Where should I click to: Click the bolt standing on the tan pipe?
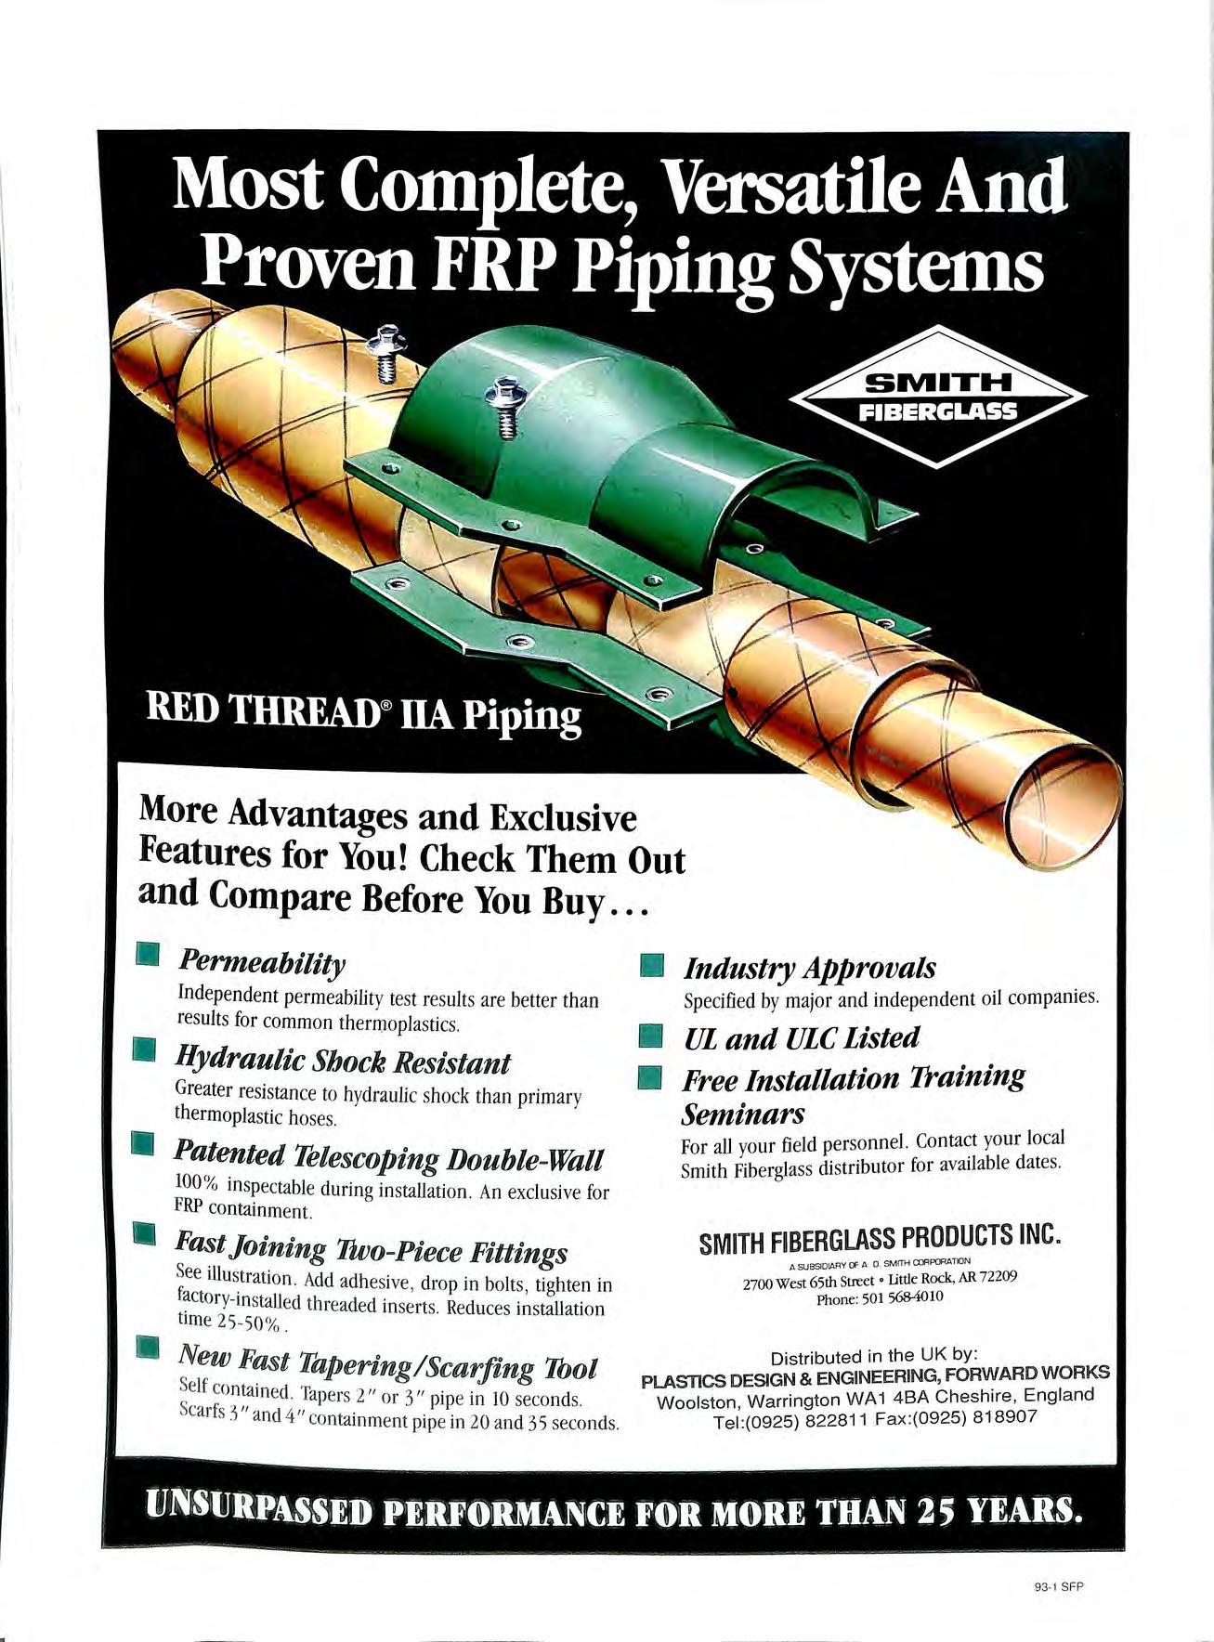(389, 352)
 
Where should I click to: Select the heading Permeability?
(262, 963)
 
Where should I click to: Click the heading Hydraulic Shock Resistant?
(343, 1062)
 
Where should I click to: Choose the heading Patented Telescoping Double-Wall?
(389, 1158)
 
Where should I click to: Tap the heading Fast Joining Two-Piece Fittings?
(372, 1252)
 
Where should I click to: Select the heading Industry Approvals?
(809, 969)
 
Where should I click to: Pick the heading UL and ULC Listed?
(801, 1037)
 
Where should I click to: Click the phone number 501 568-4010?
(903, 1297)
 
